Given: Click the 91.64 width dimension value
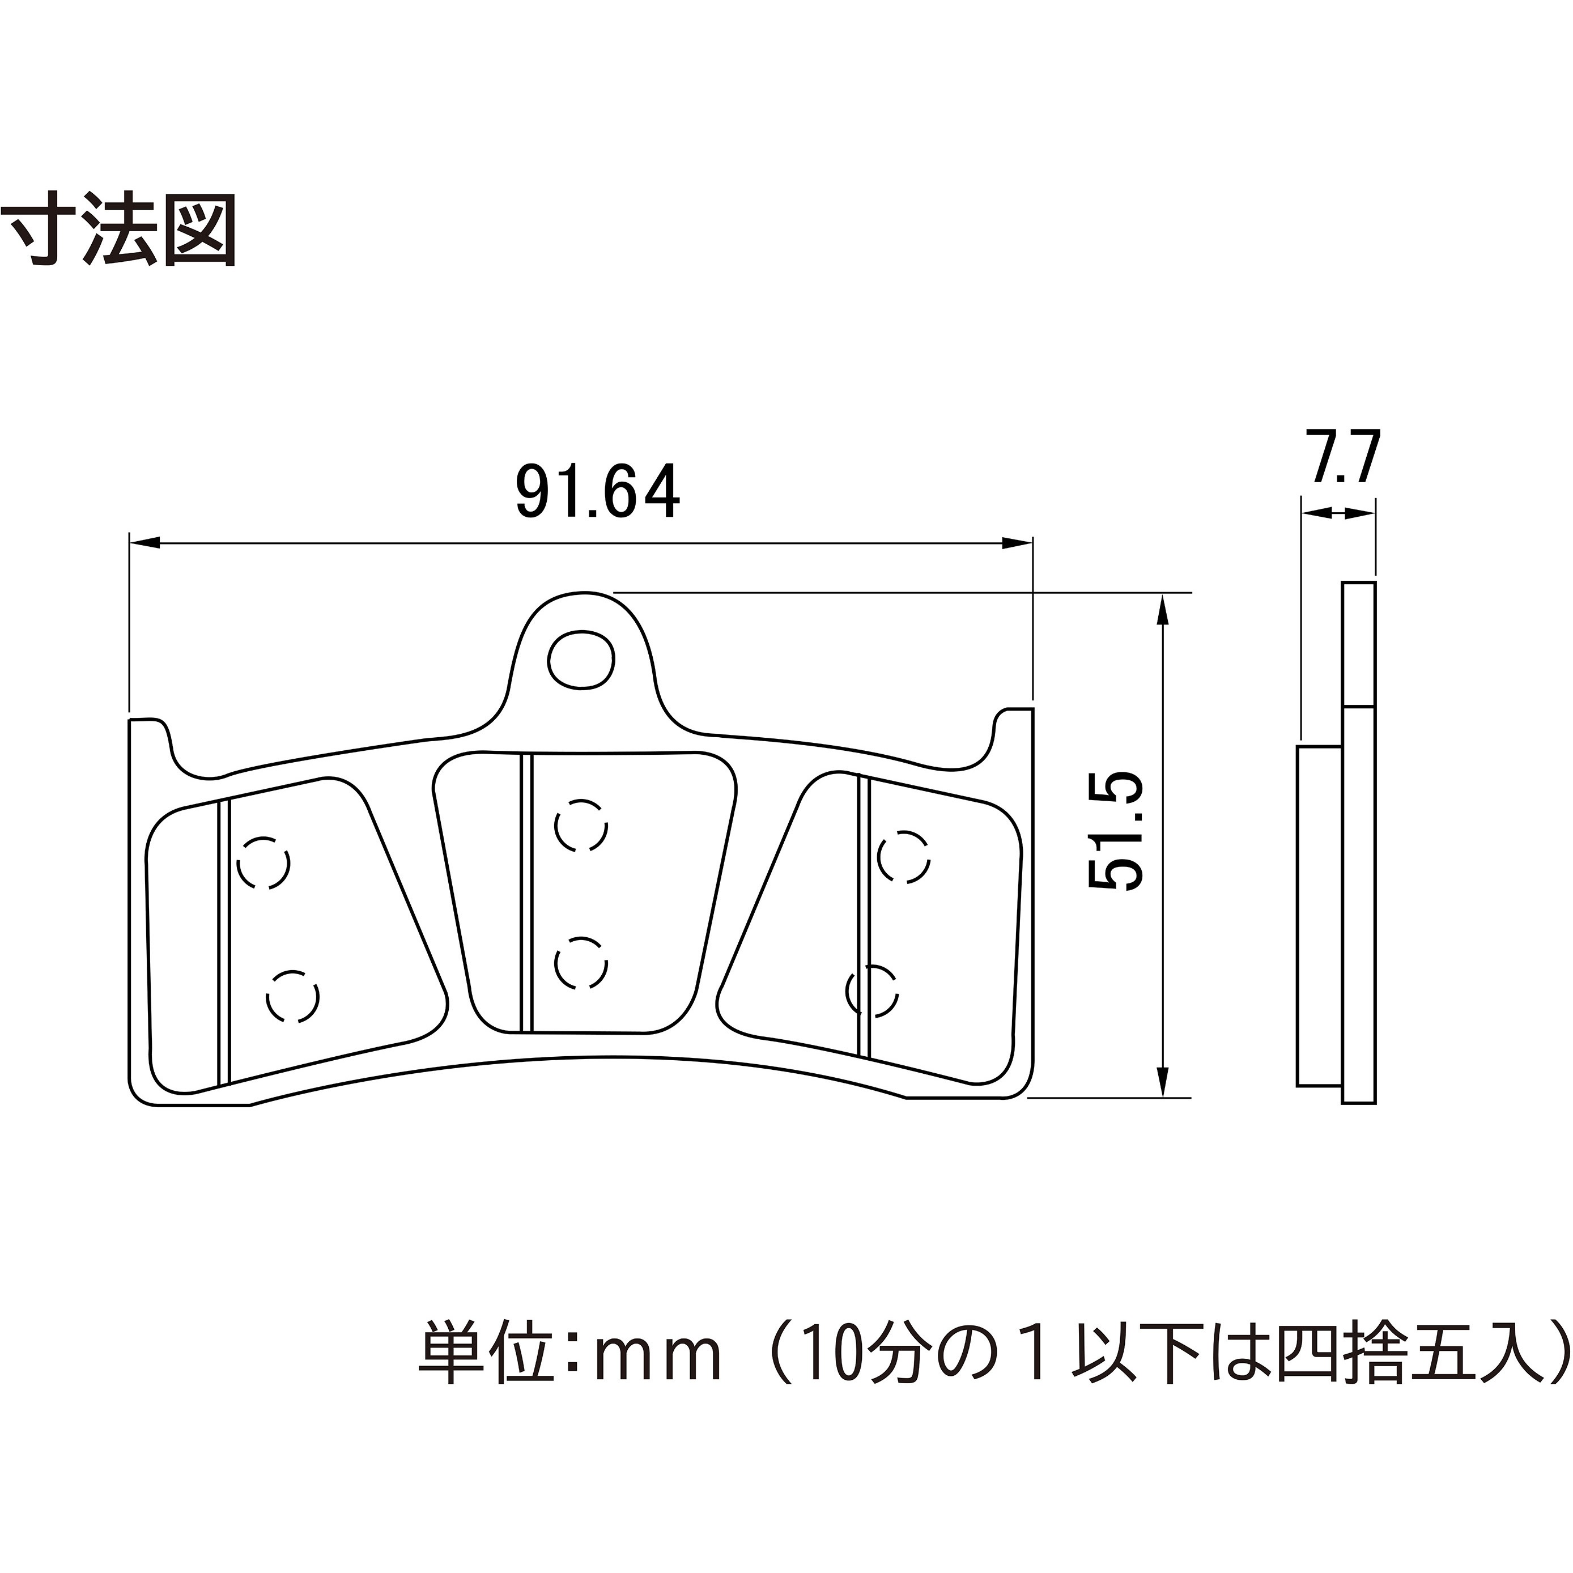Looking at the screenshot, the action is tap(598, 492).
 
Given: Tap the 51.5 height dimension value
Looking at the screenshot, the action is tap(1116, 831).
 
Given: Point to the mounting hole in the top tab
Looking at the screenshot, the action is tap(580, 660).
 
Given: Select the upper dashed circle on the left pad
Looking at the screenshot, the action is tap(263, 862).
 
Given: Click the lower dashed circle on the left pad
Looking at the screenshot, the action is tap(292, 997).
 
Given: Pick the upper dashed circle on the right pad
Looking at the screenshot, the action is tap(904, 857).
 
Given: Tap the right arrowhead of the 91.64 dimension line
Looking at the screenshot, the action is tap(1017, 543).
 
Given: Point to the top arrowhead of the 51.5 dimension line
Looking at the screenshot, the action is tap(1163, 610).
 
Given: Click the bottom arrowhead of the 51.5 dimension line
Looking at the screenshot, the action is tap(1163, 1081).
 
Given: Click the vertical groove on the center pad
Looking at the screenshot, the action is tap(526, 892).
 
